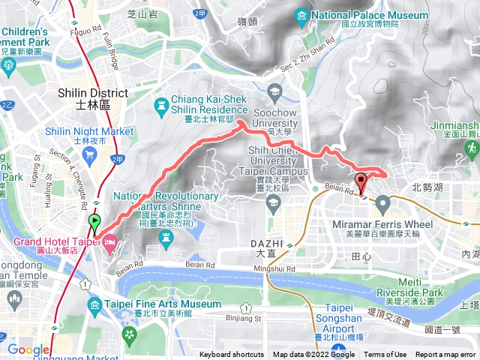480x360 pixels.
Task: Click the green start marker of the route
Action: [x=94, y=221]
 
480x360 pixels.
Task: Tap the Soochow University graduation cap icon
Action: [x=273, y=94]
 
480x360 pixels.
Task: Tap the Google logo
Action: [x=28, y=349]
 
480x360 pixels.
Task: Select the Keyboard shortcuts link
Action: [x=232, y=355]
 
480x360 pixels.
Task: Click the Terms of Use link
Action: [x=385, y=355]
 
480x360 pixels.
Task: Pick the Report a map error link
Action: [x=446, y=355]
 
